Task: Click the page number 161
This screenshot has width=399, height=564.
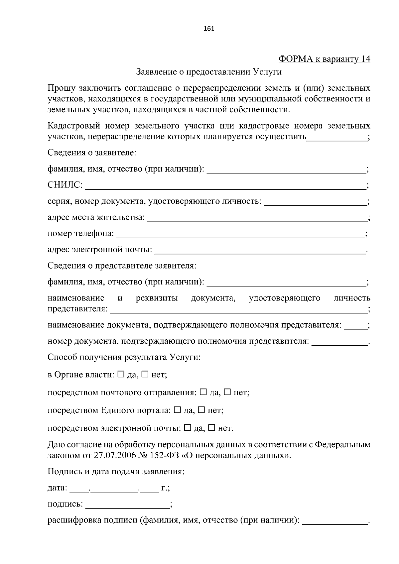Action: click(x=208, y=29)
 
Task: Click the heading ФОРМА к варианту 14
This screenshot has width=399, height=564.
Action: click(x=324, y=59)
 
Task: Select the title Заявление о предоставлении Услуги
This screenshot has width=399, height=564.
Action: click(x=209, y=72)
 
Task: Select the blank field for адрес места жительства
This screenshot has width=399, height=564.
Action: click(x=256, y=219)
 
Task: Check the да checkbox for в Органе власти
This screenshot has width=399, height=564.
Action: click(x=121, y=374)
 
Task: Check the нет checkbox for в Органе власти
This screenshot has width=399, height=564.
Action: click(x=145, y=374)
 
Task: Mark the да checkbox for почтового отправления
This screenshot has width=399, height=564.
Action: click(x=203, y=392)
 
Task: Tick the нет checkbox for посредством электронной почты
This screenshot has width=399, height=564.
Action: click(x=211, y=428)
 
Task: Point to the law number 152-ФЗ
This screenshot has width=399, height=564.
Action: click(x=156, y=455)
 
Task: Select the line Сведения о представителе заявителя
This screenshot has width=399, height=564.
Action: click(x=122, y=266)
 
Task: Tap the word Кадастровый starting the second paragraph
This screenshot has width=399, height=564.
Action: click(x=74, y=126)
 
